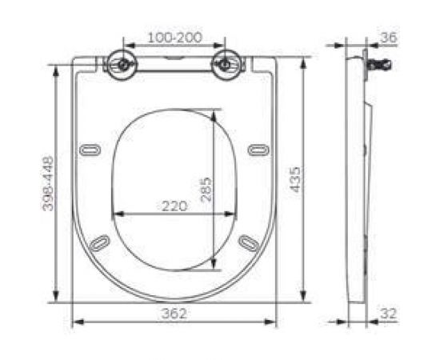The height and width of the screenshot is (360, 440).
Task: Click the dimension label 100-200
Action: pos(174,38)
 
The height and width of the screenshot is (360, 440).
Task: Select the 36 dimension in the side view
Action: pos(389,38)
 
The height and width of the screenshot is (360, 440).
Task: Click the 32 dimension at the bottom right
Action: pos(389,314)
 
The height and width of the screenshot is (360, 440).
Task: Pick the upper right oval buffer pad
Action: pos(258,148)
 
